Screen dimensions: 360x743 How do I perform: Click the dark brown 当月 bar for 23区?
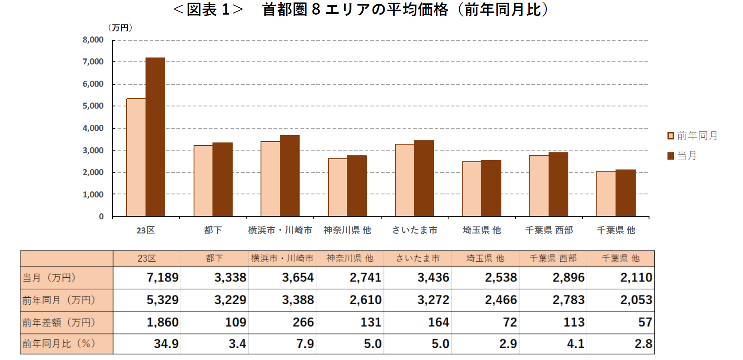[x=155, y=137]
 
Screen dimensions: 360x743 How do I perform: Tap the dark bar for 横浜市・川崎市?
[x=290, y=176]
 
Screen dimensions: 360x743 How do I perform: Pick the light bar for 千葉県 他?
[x=606, y=194]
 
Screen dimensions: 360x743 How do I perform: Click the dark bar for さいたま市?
[x=424, y=178]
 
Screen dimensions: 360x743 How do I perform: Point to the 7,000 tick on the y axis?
[x=93, y=62]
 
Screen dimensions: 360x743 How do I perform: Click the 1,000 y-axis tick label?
[x=93, y=194]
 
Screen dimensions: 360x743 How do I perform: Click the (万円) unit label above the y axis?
[x=120, y=28]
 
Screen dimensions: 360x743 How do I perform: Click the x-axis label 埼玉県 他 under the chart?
[x=482, y=230]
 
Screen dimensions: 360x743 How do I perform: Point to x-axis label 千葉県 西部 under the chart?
[x=549, y=230]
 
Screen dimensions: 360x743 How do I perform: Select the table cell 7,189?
[x=162, y=278]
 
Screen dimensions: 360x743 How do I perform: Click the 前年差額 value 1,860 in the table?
[x=162, y=322]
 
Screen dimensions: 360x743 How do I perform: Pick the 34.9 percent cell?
[x=166, y=344]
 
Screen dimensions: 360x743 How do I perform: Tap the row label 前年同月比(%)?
[x=59, y=344]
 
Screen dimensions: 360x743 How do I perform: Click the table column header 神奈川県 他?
[x=350, y=258]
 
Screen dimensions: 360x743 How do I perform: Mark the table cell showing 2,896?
[x=568, y=278]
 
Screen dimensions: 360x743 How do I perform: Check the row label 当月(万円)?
[x=49, y=278]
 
